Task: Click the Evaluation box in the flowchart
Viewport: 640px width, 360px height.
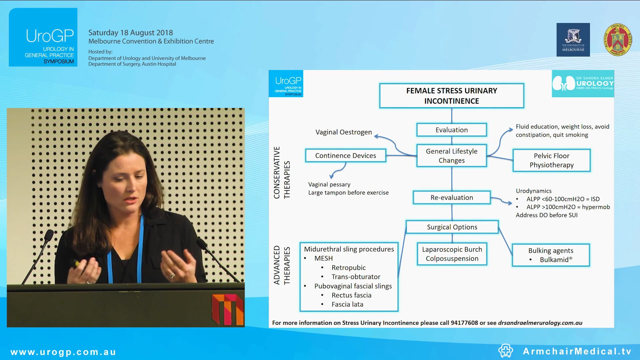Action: click(x=451, y=130)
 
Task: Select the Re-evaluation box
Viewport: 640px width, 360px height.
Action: click(x=451, y=198)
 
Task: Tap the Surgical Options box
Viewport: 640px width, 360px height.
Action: click(x=452, y=227)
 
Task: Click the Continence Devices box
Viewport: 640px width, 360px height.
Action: click(x=345, y=156)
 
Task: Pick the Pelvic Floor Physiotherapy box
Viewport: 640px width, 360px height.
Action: click(x=551, y=160)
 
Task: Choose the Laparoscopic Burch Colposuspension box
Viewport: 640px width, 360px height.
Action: click(x=452, y=254)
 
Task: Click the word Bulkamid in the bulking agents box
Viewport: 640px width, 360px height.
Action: click(x=554, y=260)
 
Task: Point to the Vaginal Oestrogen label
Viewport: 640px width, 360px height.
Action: click(x=343, y=132)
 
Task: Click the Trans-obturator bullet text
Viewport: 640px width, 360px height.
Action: click(x=356, y=277)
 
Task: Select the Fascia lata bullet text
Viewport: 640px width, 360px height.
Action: click(x=347, y=304)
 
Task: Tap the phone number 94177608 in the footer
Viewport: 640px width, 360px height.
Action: click(x=464, y=323)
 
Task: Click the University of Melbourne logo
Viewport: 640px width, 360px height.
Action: click(x=573, y=40)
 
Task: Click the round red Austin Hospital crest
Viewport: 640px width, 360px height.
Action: click(x=617, y=40)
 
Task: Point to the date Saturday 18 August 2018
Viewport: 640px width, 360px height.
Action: click(x=130, y=33)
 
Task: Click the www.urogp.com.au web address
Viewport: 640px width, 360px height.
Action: click(x=63, y=352)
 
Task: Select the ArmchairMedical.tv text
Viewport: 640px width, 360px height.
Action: click(x=577, y=351)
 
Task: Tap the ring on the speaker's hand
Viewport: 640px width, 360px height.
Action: click(x=173, y=275)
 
